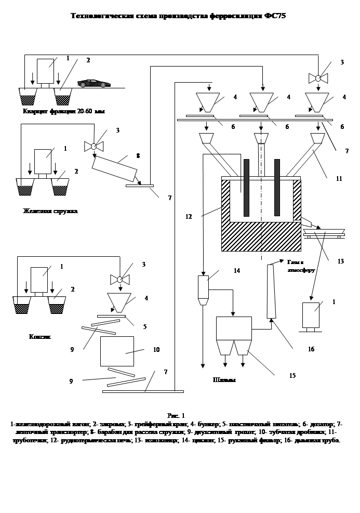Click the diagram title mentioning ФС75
pyautogui.click(x=178, y=16)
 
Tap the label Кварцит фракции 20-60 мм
pyautogui.click(x=64, y=111)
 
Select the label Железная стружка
pyautogui.click(x=50, y=211)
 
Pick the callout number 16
pyautogui.click(x=311, y=349)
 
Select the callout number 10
pyautogui.click(x=156, y=350)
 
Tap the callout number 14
pyautogui.click(x=236, y=271)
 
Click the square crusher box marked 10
pyautogui.click(x=117, y=351)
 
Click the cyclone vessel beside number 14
pyautogui.click(x=203, y=289)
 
